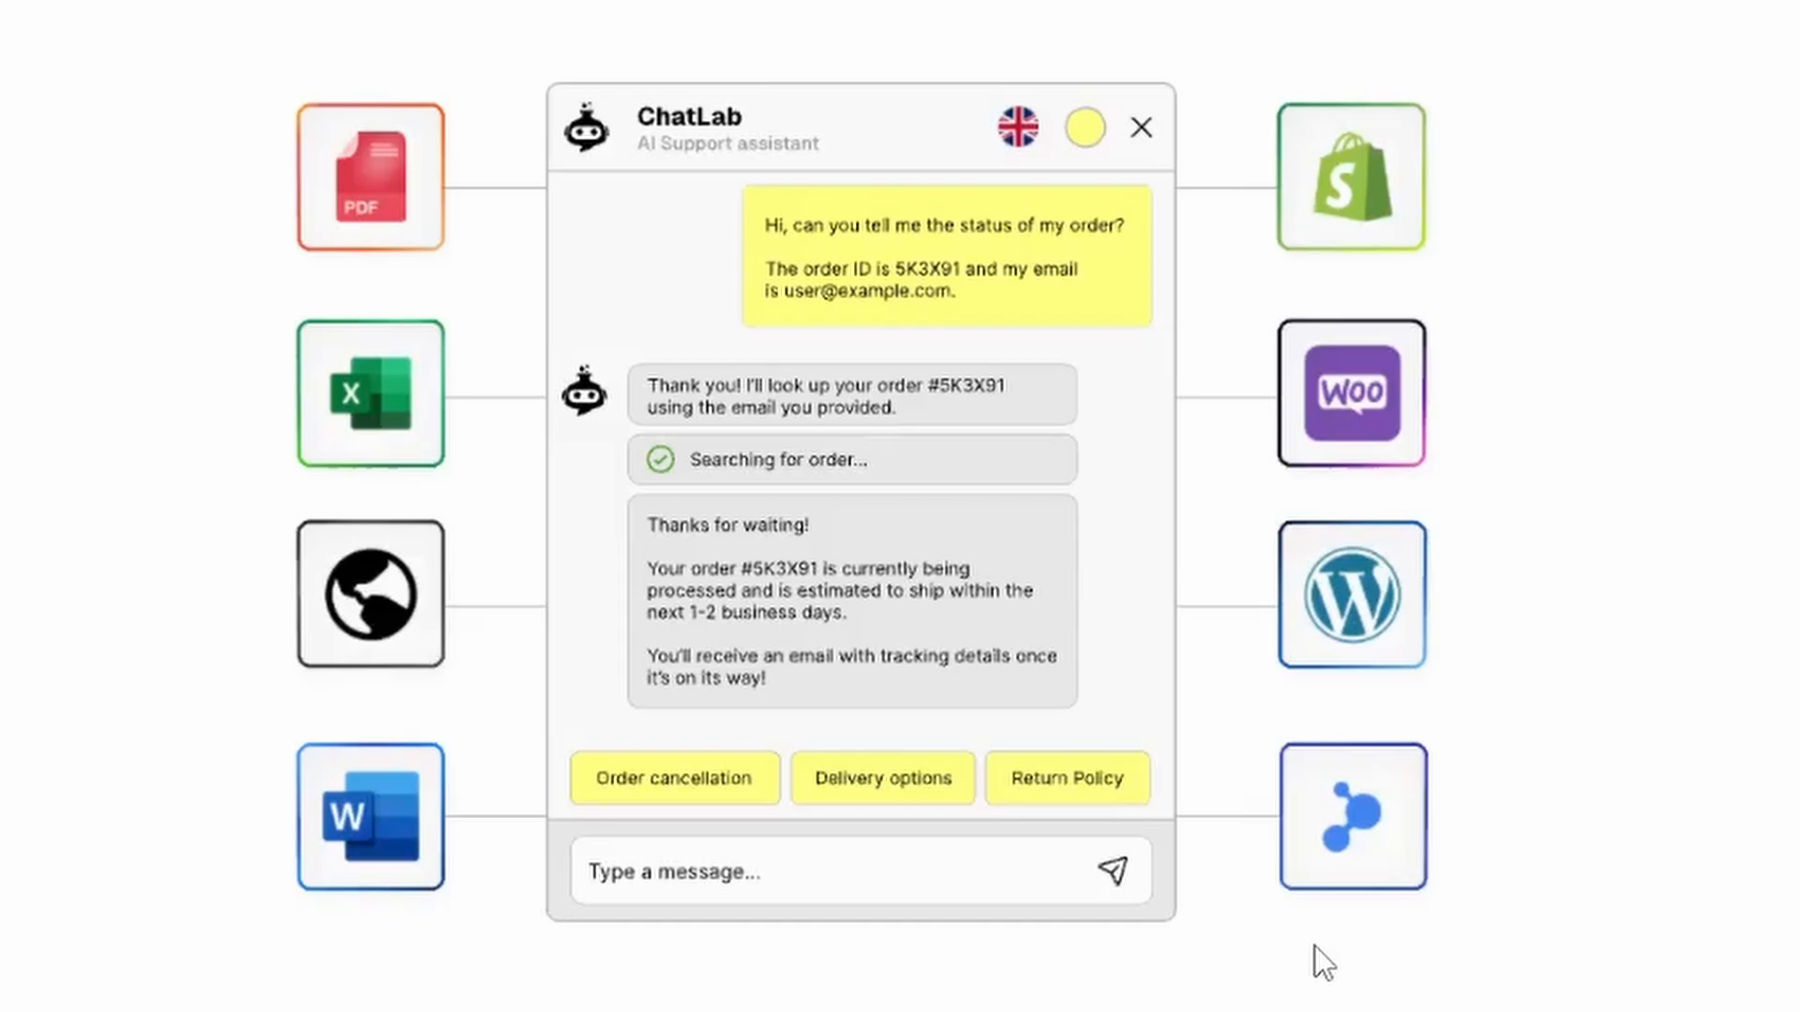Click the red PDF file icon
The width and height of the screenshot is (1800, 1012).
click(x=370, y=177)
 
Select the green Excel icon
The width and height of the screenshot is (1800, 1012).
click(x=370, y=394)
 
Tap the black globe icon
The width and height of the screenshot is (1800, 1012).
click(x=370, y=594)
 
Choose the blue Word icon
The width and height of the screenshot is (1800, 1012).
click(x=370, y=816)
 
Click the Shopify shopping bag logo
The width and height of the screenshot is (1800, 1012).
click(x=1351, y=177)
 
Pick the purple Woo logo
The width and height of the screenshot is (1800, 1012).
click(x=1351, y=394)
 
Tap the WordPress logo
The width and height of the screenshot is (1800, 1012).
click(x=1351, y=595)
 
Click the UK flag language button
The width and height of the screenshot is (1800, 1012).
click(x=1018, y=127)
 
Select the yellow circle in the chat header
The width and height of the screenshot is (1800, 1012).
click(x=1085, y=127)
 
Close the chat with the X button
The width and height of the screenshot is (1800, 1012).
click(x=1141, y=127)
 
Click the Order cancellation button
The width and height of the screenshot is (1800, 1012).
click(x=674, y=778)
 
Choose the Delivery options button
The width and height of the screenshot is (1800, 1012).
click(x=883, y=778)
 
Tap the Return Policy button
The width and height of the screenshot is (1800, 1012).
click(x=1067, y=778)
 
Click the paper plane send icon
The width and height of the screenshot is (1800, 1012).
click(x=1113, y=871)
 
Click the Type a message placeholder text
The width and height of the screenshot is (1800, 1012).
click(x=674, y=871)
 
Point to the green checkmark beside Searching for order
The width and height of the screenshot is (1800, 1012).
click(x=660, y=459)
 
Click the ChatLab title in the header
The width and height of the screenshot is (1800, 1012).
click(x=689, y=116)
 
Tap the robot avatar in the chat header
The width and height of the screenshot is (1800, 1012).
click(x=587, y=128)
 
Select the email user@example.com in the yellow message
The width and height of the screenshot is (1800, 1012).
click(x=868, y=290)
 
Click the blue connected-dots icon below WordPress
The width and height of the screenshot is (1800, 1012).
click(x=1351, y=816)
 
